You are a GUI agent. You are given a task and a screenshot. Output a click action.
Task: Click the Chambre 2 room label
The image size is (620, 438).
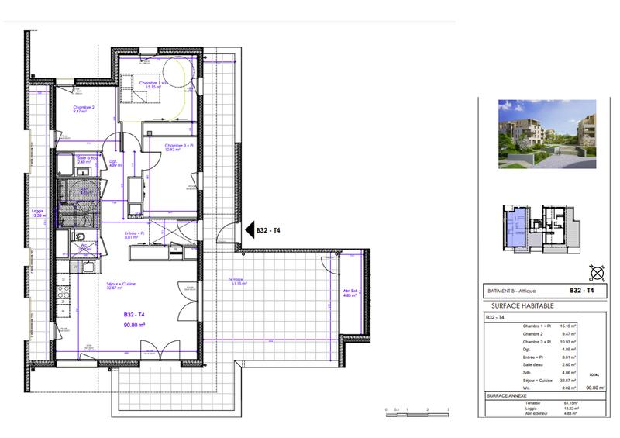point(84,109)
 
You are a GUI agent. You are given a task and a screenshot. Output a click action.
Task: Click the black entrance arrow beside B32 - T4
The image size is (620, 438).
point(240,229)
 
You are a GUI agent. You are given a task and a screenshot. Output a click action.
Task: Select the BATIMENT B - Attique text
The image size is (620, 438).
point(511,291)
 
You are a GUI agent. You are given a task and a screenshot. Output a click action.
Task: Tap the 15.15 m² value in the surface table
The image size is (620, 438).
point(570,326)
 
